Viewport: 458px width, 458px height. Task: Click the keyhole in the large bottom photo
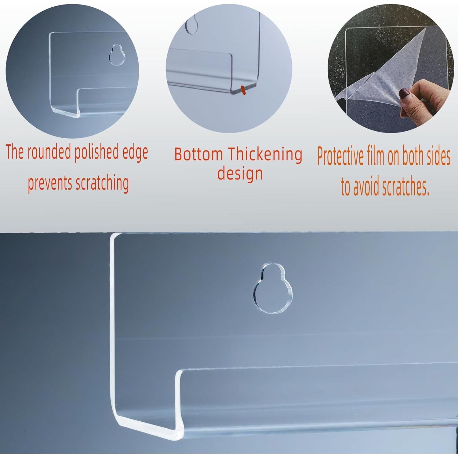(273, 290)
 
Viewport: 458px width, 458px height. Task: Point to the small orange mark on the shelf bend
(243, 90)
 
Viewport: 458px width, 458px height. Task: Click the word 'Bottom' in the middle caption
(198, 154)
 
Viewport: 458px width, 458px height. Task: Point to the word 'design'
(240, 174)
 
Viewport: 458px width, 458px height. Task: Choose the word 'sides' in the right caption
(437, 156)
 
